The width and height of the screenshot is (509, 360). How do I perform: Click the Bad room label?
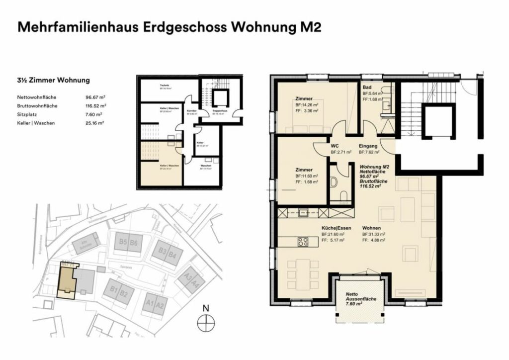click(366, 86)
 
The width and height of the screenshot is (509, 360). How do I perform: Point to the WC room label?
click(335, 146)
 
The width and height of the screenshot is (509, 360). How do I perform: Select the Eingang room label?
click(369, 146)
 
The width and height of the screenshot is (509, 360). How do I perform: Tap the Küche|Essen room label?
click(337, 228)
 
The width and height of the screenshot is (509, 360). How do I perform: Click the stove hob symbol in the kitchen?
click(303, 242)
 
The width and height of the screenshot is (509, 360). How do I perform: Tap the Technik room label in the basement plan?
click(164, 86)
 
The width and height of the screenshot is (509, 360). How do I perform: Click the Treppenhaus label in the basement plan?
click(219, 111)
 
